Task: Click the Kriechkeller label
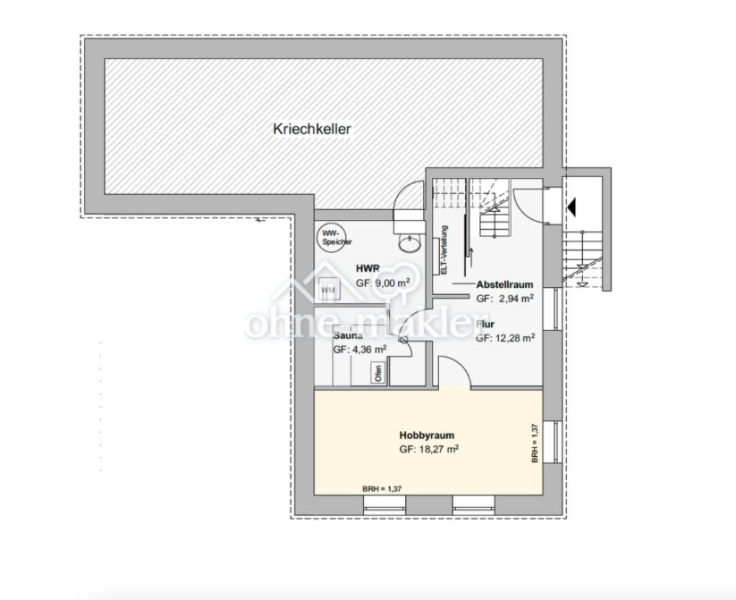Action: click(x=312, y=129)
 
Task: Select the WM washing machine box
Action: click(x=329, y=290)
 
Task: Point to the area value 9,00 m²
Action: click(x=383, y=283)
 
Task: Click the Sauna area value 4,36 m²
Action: click(x=360, y=349)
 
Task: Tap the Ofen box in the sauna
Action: click(x=378, y=373)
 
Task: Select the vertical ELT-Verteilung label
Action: click(x=444, y=250)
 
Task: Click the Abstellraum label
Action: click(x=505, y=284)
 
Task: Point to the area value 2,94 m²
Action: click(x=505, y=297)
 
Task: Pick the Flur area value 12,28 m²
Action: click(x=506, y=338)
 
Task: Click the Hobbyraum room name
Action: click(x=426, y=435)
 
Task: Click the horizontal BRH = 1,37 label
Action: click(x=382, y=489)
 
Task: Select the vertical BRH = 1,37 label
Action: click(x=535, y=442)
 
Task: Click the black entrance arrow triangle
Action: click(x=571, y=208)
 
